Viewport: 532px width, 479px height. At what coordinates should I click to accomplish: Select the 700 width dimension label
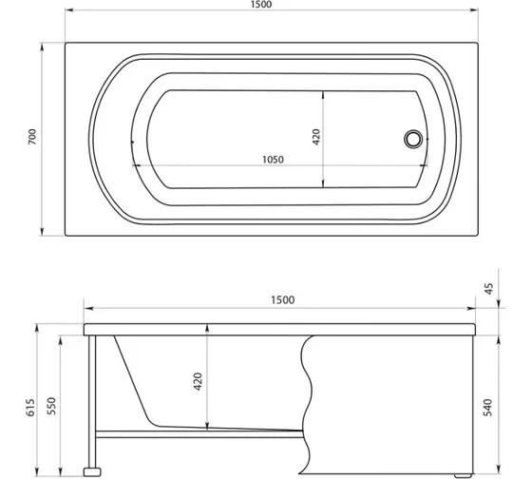(x=33, y=138)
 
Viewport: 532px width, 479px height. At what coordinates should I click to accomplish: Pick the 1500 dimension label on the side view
(x=280, y=300)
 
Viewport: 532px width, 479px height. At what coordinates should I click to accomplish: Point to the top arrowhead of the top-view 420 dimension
(x=324, y=93)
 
